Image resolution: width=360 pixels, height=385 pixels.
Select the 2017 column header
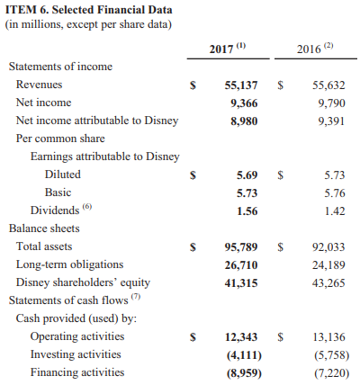pyautogui.click(x=229, y=48)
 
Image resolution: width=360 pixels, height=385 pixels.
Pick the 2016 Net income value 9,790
pyautogui.click(x=328, y=103)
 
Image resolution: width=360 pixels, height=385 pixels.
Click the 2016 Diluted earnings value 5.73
pyautogui.click(x=333, y=175)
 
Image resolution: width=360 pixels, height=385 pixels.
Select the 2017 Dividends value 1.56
pyautogui.click(x=247, y=210)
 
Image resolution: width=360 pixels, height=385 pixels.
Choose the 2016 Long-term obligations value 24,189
pyautogui.click(x=328, y=264)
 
